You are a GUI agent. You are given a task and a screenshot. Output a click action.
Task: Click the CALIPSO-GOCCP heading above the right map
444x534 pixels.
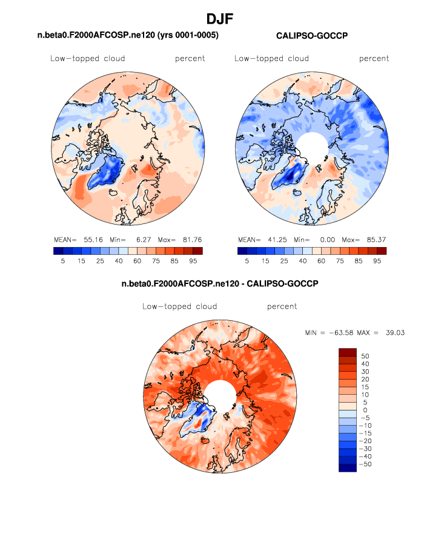311,36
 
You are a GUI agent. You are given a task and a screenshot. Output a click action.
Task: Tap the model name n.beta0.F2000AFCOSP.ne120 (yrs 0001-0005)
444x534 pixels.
128,36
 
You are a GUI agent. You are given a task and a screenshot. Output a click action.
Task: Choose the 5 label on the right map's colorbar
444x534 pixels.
247,261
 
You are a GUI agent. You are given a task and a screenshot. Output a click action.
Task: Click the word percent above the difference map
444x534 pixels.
282,307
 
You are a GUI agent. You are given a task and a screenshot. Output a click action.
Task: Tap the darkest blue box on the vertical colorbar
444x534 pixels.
348,467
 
